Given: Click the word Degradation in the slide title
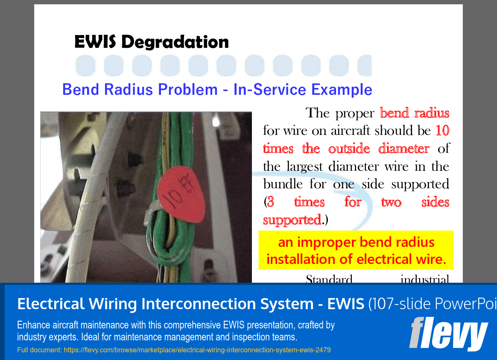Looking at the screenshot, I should (175, 42).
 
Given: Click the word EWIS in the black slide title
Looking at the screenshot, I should (96, 42).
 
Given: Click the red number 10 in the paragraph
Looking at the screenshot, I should (442, 131).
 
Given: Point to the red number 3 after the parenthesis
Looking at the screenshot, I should (270, 202).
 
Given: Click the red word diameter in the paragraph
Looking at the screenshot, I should (403, 149).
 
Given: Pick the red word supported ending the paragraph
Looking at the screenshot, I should (292, 220).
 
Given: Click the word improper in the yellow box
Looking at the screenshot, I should (327, 243).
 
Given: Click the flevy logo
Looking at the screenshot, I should (448, 334).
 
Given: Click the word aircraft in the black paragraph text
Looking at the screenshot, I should (351, 131).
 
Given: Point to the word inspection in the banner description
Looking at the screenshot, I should (247, 337).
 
